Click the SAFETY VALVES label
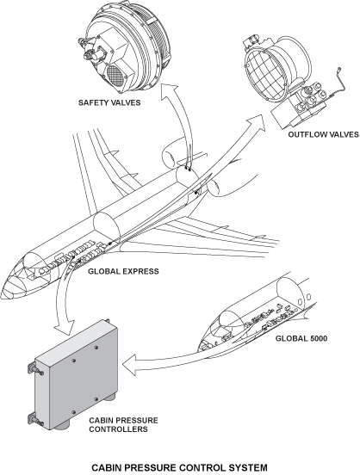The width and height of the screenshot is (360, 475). [109, 102]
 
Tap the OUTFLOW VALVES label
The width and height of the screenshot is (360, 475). [323, 134]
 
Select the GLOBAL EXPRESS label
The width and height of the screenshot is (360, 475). [123, 271]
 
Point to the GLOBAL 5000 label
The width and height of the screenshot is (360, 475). [301, 338]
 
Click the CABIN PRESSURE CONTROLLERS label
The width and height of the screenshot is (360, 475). [123, 425]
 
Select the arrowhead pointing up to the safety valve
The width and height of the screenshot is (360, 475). [169, 90]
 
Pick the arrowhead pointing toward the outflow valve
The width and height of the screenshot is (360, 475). [257, 122]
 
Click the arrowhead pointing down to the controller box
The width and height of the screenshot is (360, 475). [65, 327]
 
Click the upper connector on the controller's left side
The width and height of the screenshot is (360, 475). [34, 368]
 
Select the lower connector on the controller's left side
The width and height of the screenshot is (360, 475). [34, 420]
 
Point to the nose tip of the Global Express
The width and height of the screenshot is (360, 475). [2, 295]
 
